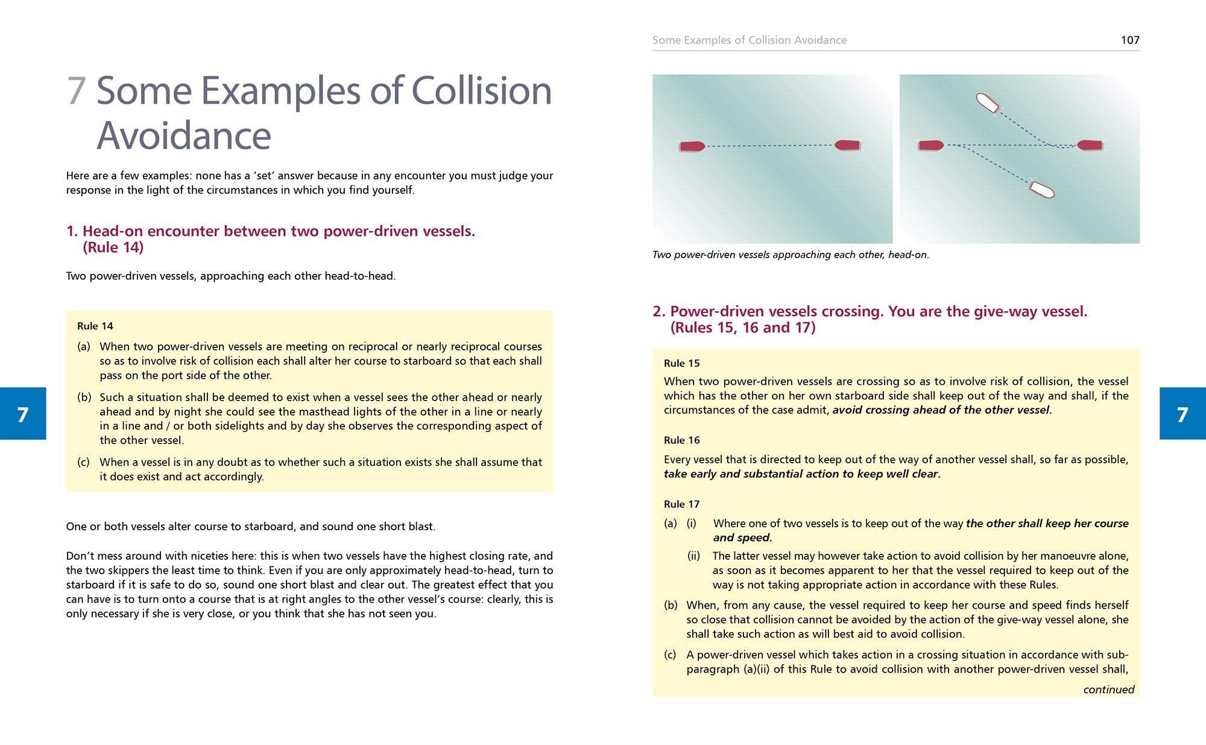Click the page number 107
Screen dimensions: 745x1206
click(1129, 40)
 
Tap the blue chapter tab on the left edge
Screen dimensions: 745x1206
click(23, 414)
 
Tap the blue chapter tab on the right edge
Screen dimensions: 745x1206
click(1182, 414)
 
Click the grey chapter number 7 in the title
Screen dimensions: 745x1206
click(76, 90)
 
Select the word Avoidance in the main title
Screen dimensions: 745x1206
click(184, 135)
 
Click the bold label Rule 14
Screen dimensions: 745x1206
click(95, 326)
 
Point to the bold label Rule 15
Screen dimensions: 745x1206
click(682, 363)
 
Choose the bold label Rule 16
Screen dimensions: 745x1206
click(682, 440)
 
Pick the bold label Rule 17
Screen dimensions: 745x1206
click(682, 504)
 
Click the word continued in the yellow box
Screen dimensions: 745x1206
click(1108, 690)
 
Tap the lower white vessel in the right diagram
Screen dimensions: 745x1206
click(1041, 190)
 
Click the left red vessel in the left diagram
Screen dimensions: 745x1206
click(692, 146)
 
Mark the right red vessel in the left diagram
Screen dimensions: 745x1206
click(847, 145)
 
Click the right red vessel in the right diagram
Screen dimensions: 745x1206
click(1090, 145)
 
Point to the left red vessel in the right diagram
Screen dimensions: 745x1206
click(931, 145)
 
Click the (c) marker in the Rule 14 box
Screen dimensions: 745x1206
click(84, 462)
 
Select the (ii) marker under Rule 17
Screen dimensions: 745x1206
click(693, 556)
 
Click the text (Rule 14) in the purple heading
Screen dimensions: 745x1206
click(113, 247)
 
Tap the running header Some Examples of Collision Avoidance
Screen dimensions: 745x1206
click(750, 40)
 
